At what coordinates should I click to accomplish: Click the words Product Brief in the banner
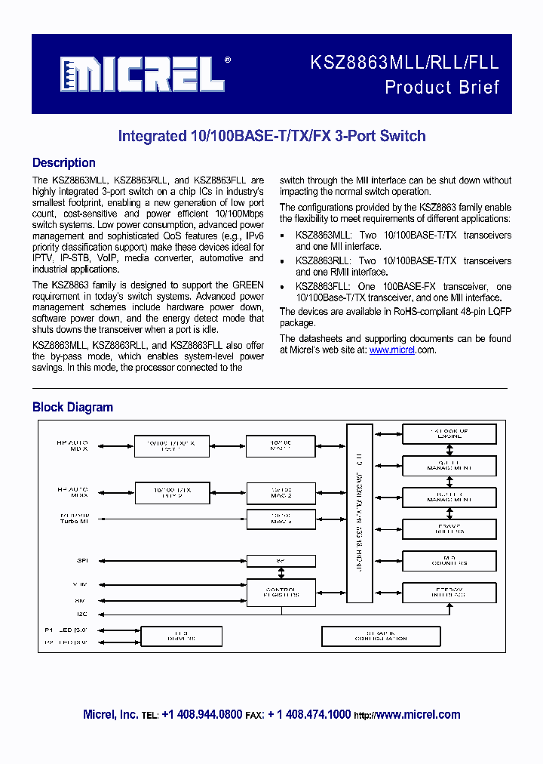click(x=442, y=88)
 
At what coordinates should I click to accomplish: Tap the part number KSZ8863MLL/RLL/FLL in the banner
click(x=403, y=63)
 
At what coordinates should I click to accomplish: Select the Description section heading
click(x=64, y=163)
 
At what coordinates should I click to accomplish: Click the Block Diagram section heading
click(x=72, y=408)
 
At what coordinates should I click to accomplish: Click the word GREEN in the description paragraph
click(x=247, y=285)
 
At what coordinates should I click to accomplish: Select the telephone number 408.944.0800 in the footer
click(x=201, y=714)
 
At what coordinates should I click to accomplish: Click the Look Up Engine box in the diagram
click(x=449, y=434)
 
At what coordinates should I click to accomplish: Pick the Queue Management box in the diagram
click(x=449, y=466)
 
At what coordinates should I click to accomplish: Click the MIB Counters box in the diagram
click(x=449, y=560)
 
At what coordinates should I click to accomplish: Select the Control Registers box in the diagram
click(x=281, y=592)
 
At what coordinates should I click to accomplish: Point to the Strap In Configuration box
click(x=380, y=636)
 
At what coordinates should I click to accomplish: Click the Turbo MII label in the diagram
click(x=73, y=523)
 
